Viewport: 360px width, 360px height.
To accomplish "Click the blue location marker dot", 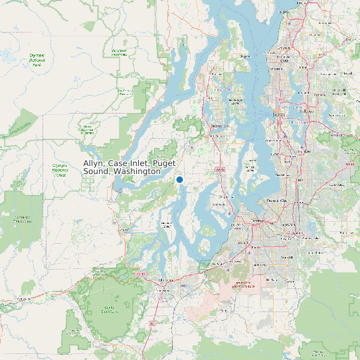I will tap(179, 179).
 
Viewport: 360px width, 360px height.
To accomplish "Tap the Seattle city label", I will tap(278, 114).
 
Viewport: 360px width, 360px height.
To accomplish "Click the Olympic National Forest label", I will tap(60, 170).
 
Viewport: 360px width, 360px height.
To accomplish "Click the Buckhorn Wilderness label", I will tap(119, 52).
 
